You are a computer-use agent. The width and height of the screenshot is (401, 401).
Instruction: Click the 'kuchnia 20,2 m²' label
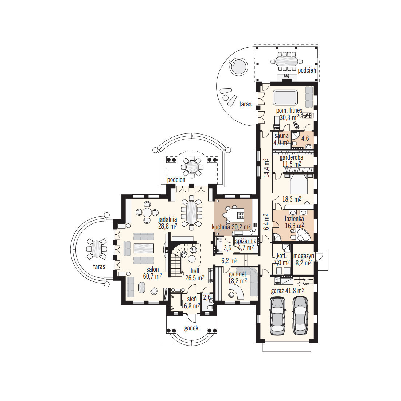[x=231, y=227]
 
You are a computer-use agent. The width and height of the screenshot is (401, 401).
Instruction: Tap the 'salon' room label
[x=152, y=269]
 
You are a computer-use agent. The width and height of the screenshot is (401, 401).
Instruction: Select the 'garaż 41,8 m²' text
[x=288, y=291]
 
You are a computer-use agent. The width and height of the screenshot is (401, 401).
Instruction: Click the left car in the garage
[x=277, y=316]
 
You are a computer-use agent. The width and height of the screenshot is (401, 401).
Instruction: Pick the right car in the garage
[x=300, y=316]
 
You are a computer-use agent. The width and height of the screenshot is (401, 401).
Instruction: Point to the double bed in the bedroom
[x=299, y=183]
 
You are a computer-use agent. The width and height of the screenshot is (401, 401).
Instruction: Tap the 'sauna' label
[x=281, y=136]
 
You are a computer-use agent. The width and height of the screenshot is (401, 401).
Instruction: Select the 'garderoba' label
[x=291, y=157]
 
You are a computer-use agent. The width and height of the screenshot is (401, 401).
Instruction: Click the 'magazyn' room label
[x=304, y=256]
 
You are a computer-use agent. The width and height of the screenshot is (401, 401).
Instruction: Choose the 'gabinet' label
[x=237, y=274]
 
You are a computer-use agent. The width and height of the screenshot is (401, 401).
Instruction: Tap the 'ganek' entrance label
[x=191, y=328]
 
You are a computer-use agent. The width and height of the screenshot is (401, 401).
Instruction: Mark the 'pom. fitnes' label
[x=289, y=111]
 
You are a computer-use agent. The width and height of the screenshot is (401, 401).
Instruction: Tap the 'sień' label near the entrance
[x=192, y=299]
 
